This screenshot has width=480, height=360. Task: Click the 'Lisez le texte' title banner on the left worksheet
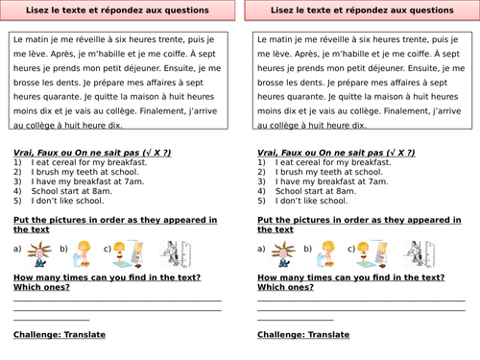(x=118, y=11)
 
